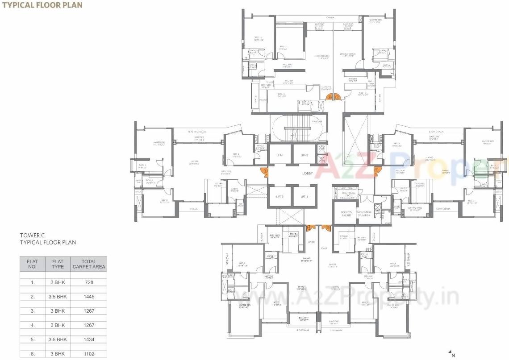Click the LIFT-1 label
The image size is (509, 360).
pos(280,155)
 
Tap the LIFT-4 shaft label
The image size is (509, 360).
pos(305,197)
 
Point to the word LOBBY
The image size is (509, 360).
pos(307,173)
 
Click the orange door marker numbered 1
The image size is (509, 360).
pos(337,96)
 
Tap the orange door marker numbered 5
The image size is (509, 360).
pos(328,228)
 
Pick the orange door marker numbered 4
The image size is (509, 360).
pos(309,228)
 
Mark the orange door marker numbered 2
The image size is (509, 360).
pos(266,170)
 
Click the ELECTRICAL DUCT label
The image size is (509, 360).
pos(348,194)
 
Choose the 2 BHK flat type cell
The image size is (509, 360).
pos(58,282)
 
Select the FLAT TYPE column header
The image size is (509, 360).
pos(58,264)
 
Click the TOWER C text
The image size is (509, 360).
pos(33,235)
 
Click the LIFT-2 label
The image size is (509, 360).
pos(305,155)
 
